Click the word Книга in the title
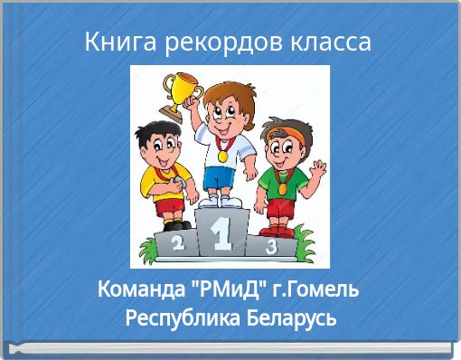(x=114, y=42)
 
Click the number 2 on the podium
(x=177, y=242)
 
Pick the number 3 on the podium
(x=269, y=245)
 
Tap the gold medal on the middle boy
(x=221, y=155)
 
